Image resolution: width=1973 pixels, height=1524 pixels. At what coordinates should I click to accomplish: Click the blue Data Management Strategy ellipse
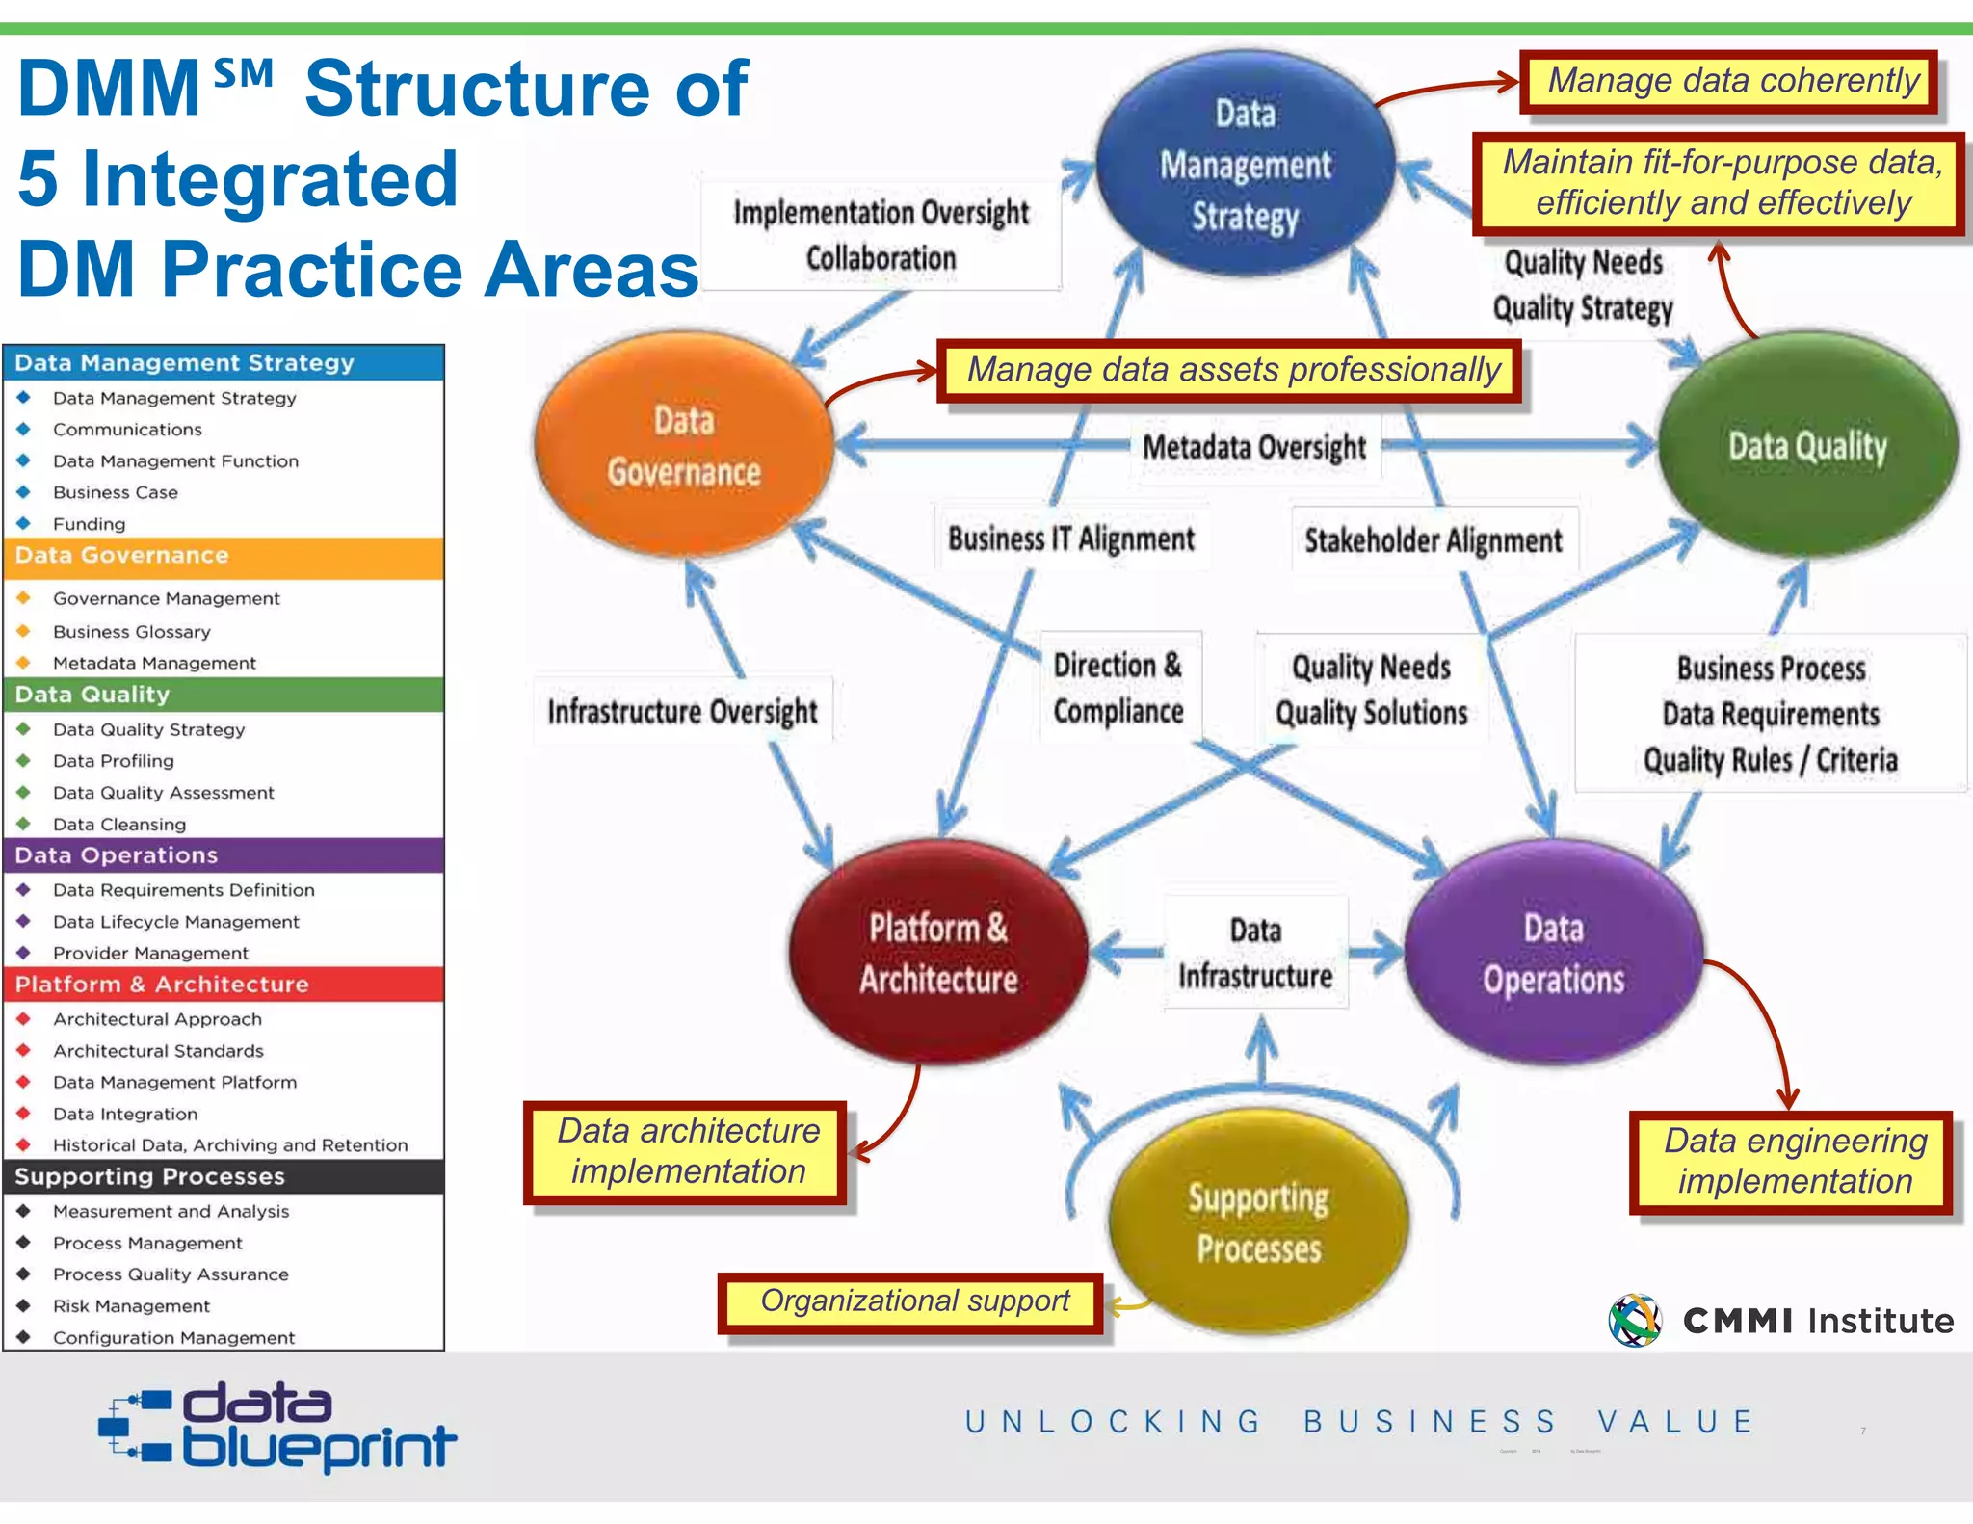coord(1245,165)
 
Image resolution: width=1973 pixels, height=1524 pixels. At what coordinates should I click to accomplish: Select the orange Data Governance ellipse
coord(684,446)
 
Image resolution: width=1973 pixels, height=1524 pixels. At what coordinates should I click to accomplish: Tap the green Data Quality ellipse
coord(1807,446)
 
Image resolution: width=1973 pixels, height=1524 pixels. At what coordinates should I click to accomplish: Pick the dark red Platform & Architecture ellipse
coord(938,953)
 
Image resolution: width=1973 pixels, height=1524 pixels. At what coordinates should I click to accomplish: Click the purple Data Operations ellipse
coord(1553,953)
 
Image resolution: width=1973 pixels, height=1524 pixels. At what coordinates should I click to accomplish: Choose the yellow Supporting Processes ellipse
coord(1258,1222)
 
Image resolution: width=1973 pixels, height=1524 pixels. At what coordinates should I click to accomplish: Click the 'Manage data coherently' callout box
coord(1731,82)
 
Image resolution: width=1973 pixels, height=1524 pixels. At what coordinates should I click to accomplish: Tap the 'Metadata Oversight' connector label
coord(1254,447)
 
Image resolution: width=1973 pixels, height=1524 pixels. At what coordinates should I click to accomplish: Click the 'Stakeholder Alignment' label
coord(1433,540)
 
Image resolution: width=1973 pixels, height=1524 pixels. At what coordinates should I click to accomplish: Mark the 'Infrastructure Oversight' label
coord(682,711)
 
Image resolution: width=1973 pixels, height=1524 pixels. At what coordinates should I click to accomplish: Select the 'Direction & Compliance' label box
coord(1118,688)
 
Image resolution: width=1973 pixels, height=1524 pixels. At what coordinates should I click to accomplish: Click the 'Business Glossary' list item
coord(132,632)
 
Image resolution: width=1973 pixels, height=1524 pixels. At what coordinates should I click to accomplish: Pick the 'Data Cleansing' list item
coord(119,825)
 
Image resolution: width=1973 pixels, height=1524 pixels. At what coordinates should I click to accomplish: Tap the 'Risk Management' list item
coord(131,1306)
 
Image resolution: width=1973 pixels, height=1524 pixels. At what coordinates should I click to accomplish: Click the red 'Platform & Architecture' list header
coord(224,985)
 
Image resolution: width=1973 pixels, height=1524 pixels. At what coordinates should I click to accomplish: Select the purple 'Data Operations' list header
coord(224,855)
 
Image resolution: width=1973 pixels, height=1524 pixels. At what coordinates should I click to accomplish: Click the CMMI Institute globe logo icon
coord(1635,1320)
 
